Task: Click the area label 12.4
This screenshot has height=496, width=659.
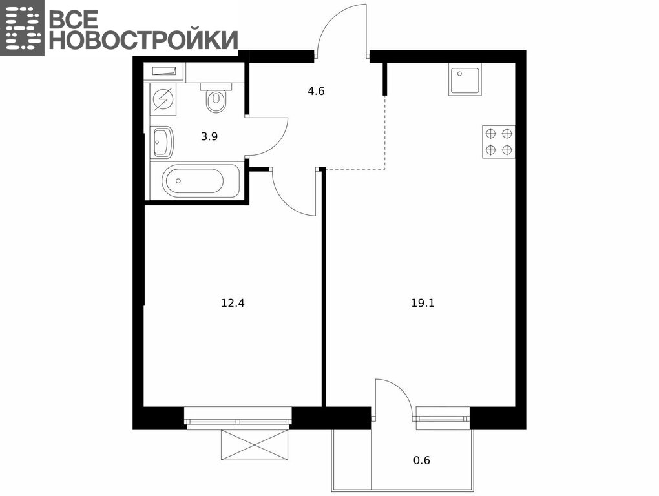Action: [233, 303]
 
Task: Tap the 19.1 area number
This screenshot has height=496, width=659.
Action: [423, 303]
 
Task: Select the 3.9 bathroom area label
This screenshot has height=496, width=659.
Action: [209, 136]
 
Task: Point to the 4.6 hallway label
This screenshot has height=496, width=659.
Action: [316, 91]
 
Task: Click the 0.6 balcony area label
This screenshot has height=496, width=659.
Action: [421, 460]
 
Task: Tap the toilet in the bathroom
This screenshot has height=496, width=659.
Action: [216, 98]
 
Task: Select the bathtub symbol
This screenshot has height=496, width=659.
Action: [200, 181]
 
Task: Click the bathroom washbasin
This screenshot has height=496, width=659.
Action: [162, 142]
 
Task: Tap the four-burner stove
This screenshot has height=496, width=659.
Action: [499, 141]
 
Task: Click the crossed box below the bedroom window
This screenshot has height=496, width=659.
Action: [255, 445]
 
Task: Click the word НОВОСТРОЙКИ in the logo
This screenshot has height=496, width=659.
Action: [143, 40]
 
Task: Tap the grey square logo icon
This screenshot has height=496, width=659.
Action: [22, 28]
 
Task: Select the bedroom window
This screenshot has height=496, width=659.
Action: [238, 418]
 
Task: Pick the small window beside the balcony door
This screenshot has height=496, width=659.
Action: [443, 418]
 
